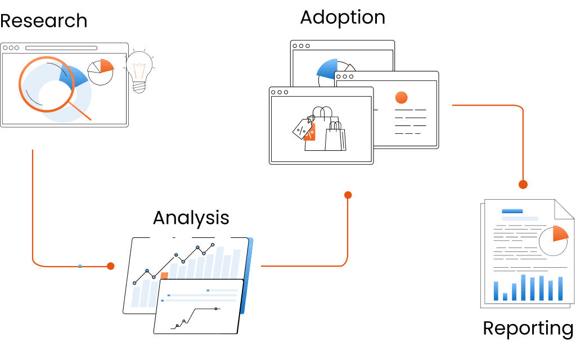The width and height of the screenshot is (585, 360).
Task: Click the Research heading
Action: pos(43,21)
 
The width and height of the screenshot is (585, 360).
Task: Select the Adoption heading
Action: pos(342,17)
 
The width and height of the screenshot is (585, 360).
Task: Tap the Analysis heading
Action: pos(191,218)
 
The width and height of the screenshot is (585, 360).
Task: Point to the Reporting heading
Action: pos(528,328)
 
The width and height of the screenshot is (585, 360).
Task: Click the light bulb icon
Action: pos(138,70)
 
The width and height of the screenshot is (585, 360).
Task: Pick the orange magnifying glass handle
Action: pos(81,111)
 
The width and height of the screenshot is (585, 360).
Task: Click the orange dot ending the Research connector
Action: pos(110,266)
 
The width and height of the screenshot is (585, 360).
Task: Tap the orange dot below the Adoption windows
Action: pos(348,195)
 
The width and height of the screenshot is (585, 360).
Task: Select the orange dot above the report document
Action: pos(523,184)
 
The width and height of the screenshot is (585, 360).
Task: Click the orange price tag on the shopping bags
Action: pos(309,132)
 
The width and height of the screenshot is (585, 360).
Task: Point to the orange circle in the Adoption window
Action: pos(401,97)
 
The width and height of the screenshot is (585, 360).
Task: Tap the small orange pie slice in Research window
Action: pos(107,65)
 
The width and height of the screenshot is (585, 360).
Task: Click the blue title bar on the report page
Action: pos(512,211)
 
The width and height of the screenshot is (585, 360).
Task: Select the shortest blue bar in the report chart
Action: pos(505,296)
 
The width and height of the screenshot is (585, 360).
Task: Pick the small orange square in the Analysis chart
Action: pos(164,276)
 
